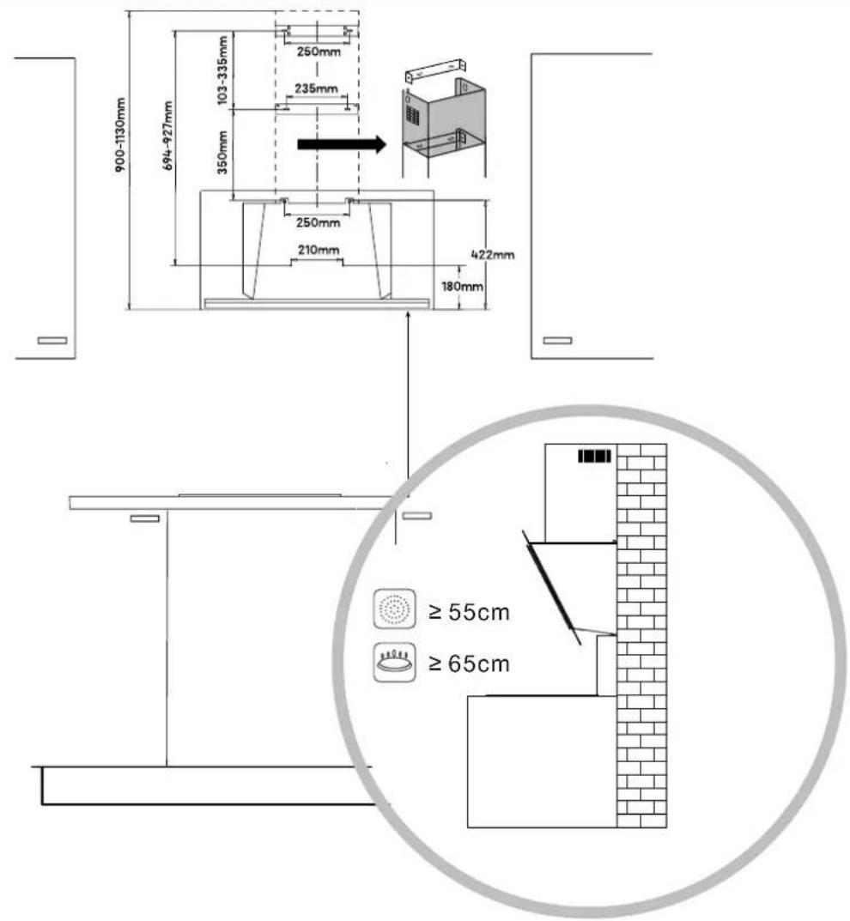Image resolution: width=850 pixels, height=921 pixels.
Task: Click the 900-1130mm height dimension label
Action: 120,135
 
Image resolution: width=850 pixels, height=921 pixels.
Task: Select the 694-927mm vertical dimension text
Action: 167,136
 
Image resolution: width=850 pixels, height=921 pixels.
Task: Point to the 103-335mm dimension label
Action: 222,70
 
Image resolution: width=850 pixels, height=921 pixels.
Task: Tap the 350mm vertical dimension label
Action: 222,152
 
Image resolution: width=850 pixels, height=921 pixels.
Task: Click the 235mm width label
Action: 316,88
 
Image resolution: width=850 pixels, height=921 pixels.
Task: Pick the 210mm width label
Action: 319,251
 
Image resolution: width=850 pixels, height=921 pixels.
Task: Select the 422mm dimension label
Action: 493,255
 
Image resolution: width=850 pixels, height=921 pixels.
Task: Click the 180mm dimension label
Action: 462,287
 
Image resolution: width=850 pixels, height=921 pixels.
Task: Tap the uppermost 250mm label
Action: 319,52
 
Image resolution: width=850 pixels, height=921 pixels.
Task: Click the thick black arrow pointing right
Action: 342,144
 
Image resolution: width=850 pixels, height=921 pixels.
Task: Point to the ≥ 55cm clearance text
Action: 469,612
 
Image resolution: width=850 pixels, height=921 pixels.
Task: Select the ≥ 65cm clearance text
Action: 469,663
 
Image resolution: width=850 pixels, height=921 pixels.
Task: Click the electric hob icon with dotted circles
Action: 395,609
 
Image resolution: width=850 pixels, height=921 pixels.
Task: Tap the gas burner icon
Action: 395,663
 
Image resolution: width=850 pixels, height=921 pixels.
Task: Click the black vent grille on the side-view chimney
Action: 594,457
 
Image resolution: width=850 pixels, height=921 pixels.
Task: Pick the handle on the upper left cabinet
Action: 52,340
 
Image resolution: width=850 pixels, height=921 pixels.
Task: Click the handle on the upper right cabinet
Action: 557,340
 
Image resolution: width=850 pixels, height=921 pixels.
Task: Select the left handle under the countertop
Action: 144,518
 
